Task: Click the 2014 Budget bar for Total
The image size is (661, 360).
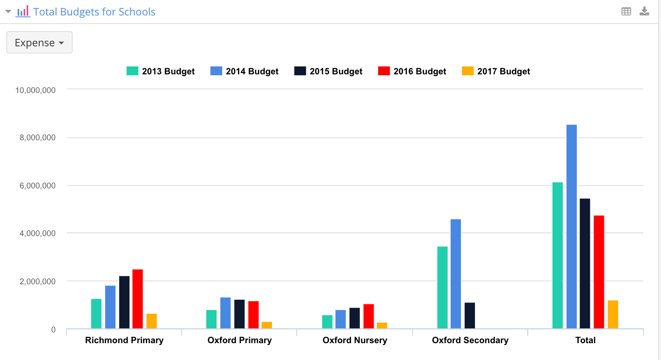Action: tap(571, 227)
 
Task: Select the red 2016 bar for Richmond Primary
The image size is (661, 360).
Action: tap(137, 299)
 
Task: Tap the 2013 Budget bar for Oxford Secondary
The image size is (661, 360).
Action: tap(442, 288)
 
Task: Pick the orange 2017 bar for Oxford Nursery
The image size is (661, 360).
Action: tap(382, 325)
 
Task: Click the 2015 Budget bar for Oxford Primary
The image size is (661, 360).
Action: tap(239, 314)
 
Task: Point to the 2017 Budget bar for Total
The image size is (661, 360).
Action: tap(612, 314)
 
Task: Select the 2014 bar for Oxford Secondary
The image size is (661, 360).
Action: tap(456, 274)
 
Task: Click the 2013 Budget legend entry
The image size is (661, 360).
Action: tap(161, 71)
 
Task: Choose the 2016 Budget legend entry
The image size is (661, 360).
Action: tap(412, 71)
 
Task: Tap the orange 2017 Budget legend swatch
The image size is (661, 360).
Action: tap(468, 71)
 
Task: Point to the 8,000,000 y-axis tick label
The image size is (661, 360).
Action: tap(36, 137)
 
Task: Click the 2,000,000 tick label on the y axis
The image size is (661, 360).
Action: tap(36, 281)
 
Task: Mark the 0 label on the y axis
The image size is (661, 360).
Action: tap(53, 330)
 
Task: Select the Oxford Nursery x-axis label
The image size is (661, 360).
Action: tap(355, 340)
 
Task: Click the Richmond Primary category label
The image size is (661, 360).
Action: tap(124, 340)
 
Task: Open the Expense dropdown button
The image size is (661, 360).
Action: tap(39, 43)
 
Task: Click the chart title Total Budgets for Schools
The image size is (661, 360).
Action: tap(94, 12)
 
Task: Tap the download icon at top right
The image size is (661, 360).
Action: tap(644, 12)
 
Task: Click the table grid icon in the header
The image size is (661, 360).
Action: tap(626, 12)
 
